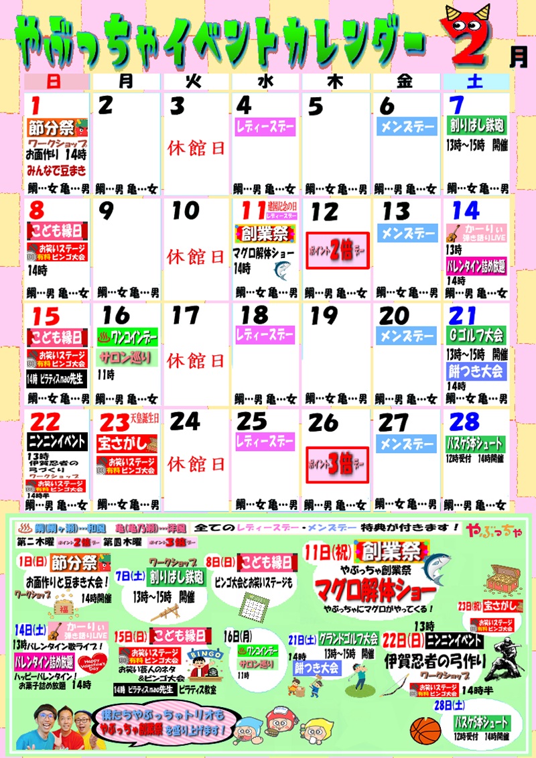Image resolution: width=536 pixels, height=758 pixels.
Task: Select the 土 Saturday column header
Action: (475, 81)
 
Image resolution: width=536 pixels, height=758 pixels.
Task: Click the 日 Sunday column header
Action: (56, 81)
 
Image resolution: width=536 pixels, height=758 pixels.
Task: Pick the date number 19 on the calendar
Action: (323, 314)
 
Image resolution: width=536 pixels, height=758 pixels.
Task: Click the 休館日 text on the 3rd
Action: (196, 147)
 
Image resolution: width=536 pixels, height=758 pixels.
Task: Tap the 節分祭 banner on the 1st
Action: (58, 127)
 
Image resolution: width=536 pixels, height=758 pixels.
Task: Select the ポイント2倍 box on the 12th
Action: (338, 250)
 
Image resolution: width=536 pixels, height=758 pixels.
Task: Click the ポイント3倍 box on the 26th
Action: (338, 462)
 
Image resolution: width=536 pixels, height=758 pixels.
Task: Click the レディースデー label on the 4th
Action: (265, 126)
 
